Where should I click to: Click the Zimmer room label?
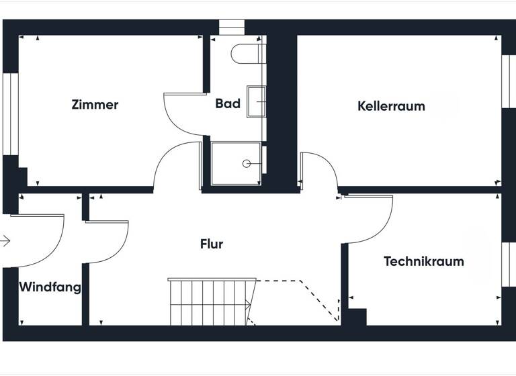pyautogui.click(x=95, y=105)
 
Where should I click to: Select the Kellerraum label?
pyautogui.click(x=391, y=106)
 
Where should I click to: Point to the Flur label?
pyautogui.click(x=211, y=244)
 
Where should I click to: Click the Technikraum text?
pyautogui.click(x=423, y=261)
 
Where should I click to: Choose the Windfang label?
pyautogui.click(x=50, y=287)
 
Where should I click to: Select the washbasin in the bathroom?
pyautogui.click(x=256, y=102)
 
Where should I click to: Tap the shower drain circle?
pyautogui.click(x=247, y=163)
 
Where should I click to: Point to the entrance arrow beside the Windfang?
pyautogui.click(x=5, y=240)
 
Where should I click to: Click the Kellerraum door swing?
pyautogui.click(x=320, y=171)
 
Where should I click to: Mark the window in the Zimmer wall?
pyautogui.click(x=10, y=114)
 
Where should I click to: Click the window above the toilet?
pyautogui.click(x=232, y=28)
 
